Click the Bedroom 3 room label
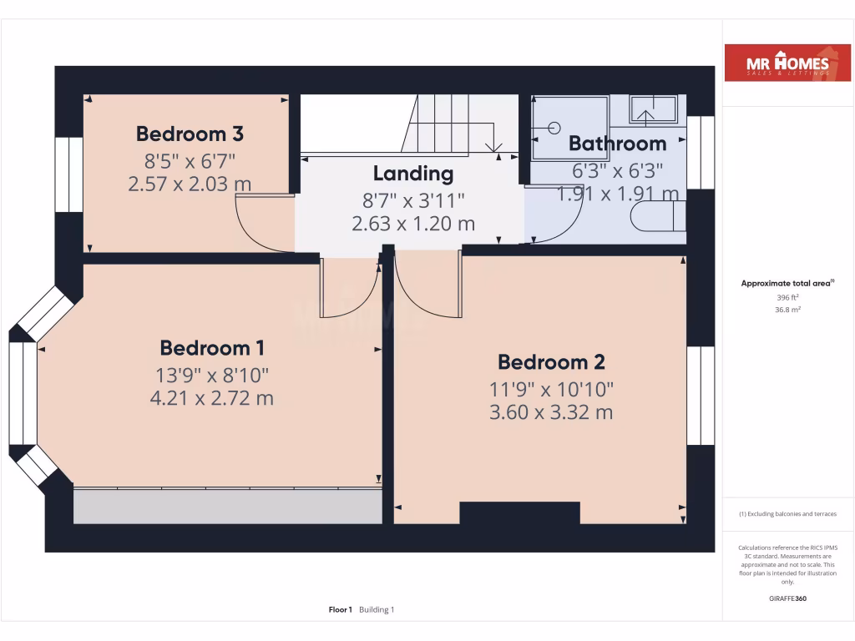pyautogui.click(x=190, y=134)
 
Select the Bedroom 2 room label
pyautogui.click(x=551, y=362)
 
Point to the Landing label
pyautogui.click(x=413, y=174)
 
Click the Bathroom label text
pyautogui.click(x=617, y=144)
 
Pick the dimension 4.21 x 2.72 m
pyautogui.click(x=211, y=398)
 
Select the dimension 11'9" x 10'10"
pyautogui.click(x=551, y=388)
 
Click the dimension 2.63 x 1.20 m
pyautogui.click(x=413, y=223)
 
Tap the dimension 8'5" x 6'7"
pyautogui.click(x=190, y=159)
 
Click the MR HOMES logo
pyautogui.click(x=776, y=63)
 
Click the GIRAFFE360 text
pyautogui.click(x=787, y=598)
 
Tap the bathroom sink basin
pyautogui.click(x=653, y=109)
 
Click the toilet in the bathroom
pyautogui.click(x=658, y=216)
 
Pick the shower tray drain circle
pyautogui.click(x=554, y=128)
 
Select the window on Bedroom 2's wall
pyautogui.click(x=700, y=396)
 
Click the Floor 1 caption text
pyautogui.click(x=341, y=610)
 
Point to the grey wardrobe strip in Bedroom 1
pyautogui.click(x=227, y=506)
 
